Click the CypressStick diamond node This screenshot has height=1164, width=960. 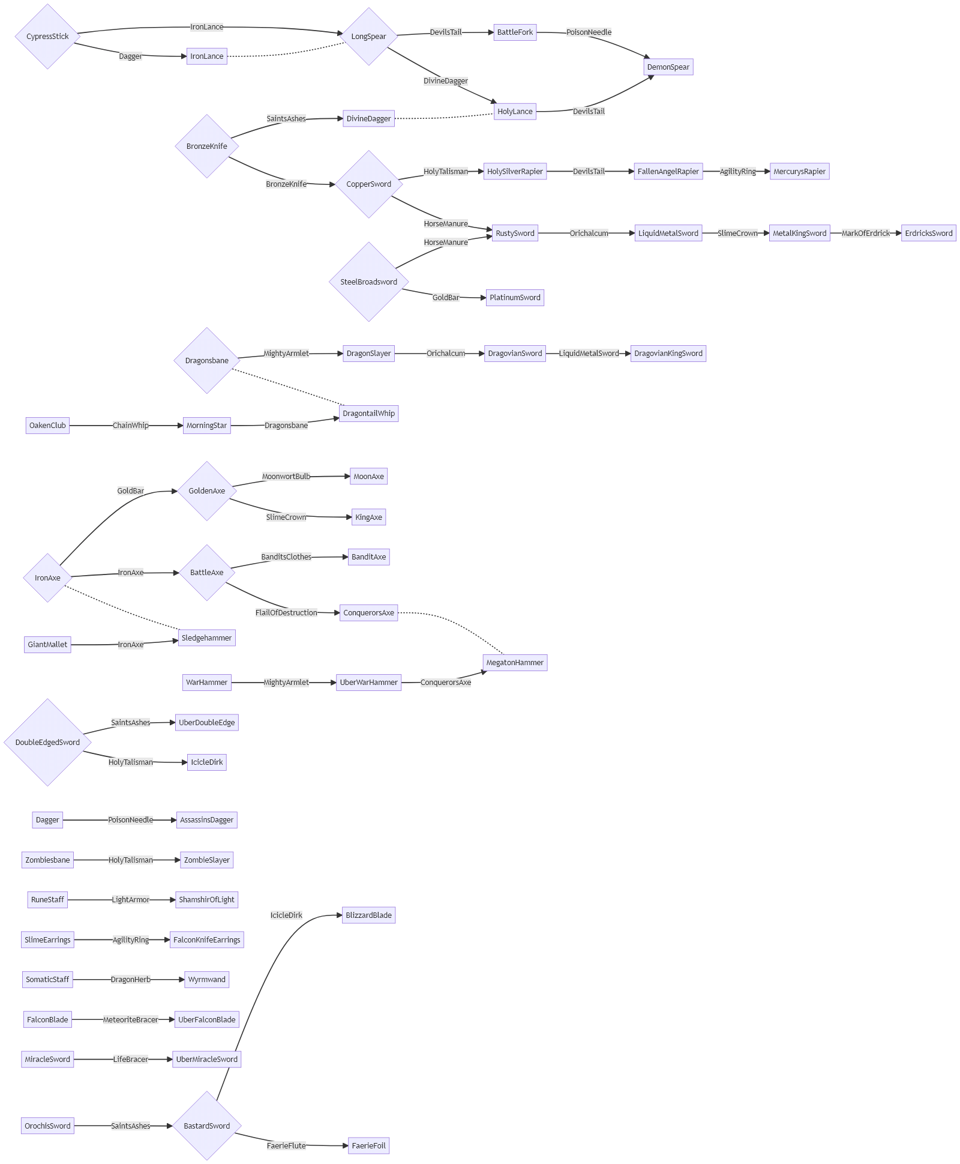[47, 37]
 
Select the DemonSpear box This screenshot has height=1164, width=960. [668, 67]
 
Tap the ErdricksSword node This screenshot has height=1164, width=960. [928, 234]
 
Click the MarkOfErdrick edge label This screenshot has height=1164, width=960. [865, 234]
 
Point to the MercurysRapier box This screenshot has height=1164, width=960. [799, 172]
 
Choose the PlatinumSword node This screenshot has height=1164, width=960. [515, 298]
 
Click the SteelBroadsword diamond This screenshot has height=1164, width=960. [368, 282]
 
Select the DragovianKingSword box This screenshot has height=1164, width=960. [668, 354]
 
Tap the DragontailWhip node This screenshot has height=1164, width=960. [368, 414]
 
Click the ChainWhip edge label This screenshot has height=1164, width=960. [130, 426]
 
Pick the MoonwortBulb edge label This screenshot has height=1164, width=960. [286, 477]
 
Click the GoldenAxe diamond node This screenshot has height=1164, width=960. [207, 491]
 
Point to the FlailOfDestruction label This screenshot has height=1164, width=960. [286, 613]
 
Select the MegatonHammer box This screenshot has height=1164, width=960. [515, 663]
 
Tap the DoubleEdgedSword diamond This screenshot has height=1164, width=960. [47, 743]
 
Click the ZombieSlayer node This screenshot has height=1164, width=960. [206, 860]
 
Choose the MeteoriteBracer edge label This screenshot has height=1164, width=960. [130, 1020]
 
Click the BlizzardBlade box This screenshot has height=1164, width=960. [368, 915]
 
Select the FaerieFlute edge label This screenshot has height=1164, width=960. [286, 1146]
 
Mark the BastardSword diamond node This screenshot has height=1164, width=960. [207, 1126]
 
